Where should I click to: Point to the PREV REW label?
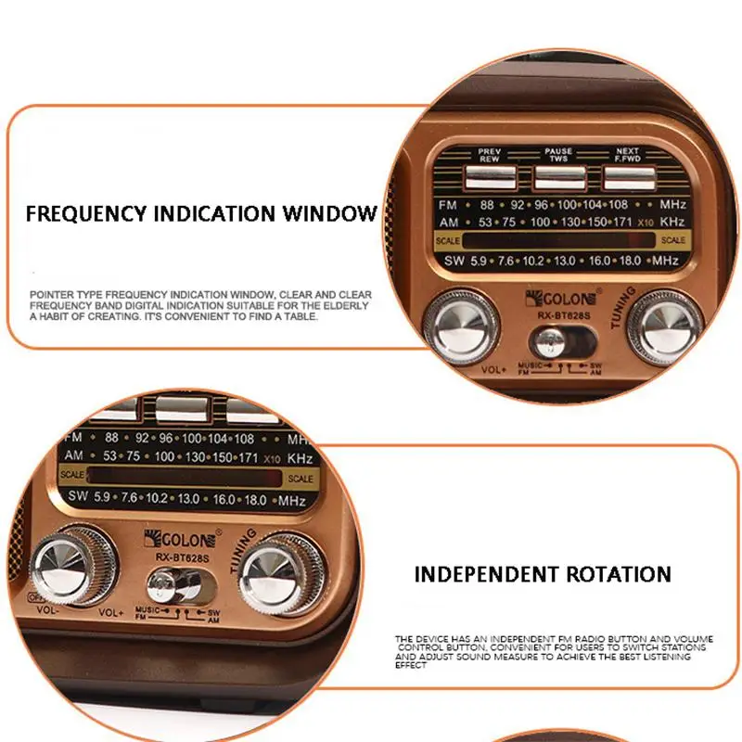click(x=489, y=154)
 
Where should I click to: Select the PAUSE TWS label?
click(x=558, y=154)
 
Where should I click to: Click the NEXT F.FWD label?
click(x=628, y=154)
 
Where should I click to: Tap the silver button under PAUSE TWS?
click(x=558, y=176)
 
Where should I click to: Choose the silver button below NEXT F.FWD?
click(x=628, y=176)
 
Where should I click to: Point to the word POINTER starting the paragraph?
click(x=52, y=294)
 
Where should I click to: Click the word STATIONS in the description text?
click(x=684, y=648)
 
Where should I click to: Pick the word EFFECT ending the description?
click(x=411, y=665)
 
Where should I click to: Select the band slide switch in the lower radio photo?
click(x=176, y=586)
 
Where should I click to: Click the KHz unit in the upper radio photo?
click(x=672, y=222)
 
